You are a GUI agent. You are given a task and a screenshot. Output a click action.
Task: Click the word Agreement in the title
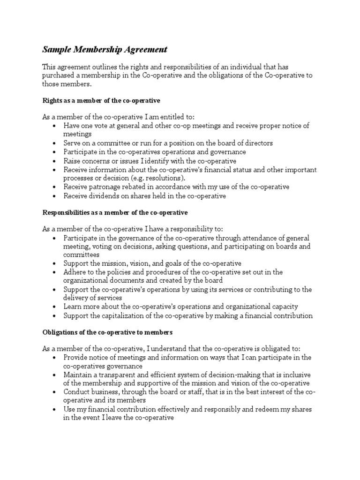144,49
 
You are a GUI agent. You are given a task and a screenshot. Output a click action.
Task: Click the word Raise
73,161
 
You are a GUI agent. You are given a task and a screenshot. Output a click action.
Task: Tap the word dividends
105,196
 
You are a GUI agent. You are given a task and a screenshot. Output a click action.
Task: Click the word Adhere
75,272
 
